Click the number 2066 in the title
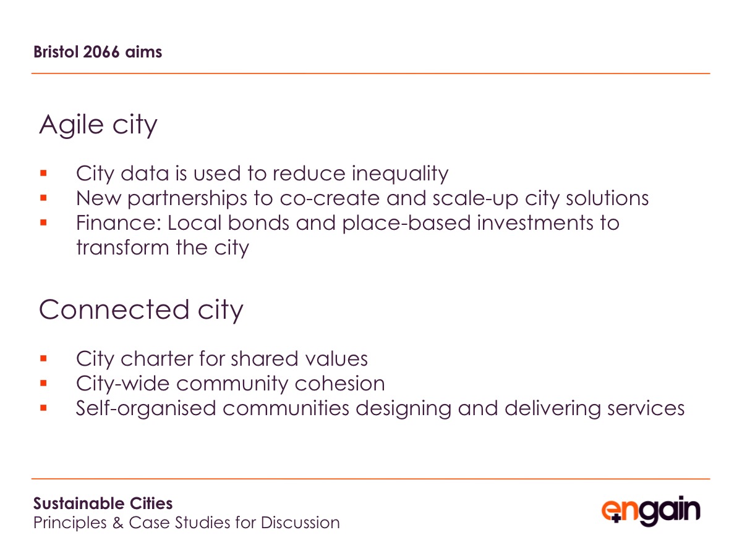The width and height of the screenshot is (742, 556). click(101, 52)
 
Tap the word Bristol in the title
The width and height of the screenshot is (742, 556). click(56, 52)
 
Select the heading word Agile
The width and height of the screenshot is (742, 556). click(71, 124)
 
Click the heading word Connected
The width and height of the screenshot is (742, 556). click(114, 310)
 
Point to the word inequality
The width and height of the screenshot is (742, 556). click(400, 174)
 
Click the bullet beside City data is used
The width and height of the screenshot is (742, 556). click(43, 173)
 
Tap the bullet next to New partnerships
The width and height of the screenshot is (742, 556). click(43, 198)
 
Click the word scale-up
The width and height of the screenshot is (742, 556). click(475, 199)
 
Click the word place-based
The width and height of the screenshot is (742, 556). click(406, 224)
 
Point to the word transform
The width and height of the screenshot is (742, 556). click(122, 248)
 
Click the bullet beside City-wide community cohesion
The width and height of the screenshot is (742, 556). click(43, 383)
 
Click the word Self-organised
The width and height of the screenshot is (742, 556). click(146, 409)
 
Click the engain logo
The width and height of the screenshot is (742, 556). click(650, 510)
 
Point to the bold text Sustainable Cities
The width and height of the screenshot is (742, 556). click(103, 503)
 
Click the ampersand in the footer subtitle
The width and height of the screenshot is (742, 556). click(117, 523)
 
